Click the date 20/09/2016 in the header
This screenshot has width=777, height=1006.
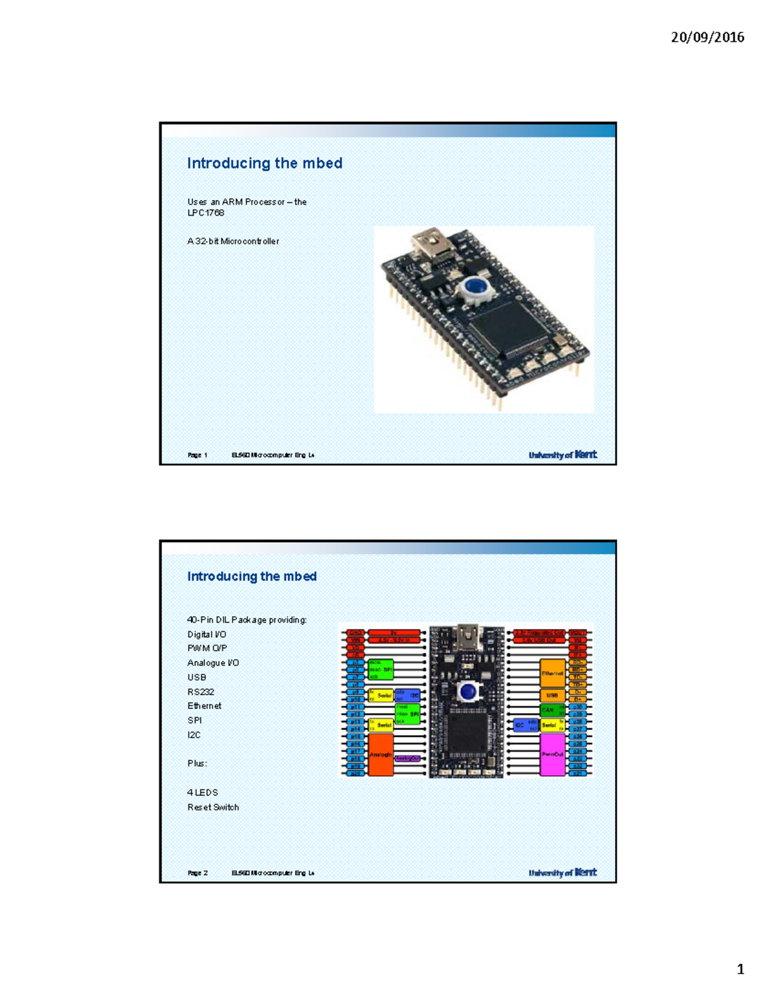707,38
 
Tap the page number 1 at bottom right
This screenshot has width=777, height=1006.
740,970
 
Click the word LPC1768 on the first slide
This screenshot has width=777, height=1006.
206,213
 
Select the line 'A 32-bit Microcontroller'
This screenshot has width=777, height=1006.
233,242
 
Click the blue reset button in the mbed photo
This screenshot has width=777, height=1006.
477,286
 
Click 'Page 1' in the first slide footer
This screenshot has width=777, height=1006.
197,455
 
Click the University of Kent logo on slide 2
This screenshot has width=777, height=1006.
563,873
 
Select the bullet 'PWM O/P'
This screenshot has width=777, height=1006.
207,648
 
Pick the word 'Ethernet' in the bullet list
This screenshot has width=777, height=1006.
205,706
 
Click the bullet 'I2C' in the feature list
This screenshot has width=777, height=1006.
194,735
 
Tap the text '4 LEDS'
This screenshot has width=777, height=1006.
203,793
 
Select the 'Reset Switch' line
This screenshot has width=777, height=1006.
213,808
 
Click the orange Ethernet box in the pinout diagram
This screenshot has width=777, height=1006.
552,674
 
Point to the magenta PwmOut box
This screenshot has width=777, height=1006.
552,755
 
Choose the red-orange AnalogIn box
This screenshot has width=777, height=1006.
381,755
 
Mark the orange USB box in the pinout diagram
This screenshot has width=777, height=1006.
552,696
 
